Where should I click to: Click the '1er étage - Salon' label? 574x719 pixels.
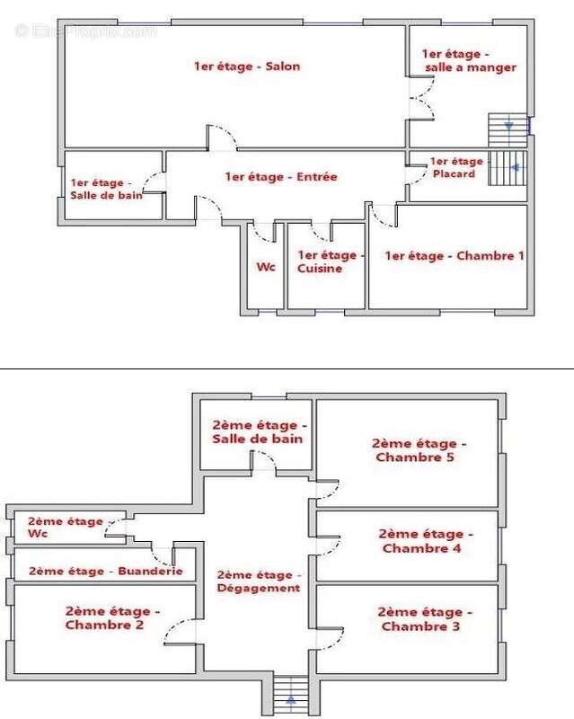pos(246,66)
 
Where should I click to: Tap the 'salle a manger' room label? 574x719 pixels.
pos(469,60)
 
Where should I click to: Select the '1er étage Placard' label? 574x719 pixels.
pos(456,167)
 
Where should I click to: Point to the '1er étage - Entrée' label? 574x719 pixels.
pos(281,177)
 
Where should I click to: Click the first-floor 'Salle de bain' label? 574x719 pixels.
pos(106,189)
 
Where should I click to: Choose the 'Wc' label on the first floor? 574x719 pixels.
pos(265,267)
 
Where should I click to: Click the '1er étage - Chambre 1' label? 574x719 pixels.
pos(454,256)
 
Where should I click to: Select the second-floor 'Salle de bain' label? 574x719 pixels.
pos(257,431)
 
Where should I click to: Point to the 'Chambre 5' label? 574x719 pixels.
pos(419,449)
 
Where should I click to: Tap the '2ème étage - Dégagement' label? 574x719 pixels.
pos(258,581)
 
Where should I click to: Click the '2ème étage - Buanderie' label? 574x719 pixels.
pos(106,571)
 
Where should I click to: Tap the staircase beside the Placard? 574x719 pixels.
pos(509,168)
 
